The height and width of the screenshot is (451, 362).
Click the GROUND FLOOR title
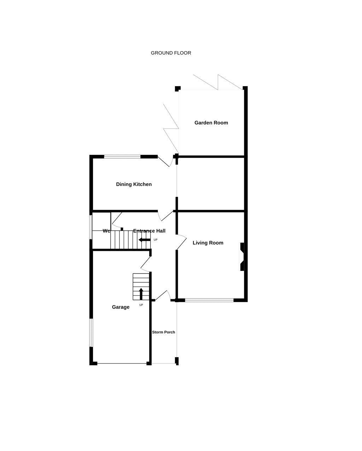click(x=171, y=53)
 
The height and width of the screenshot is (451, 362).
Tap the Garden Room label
click(x=211, y=122)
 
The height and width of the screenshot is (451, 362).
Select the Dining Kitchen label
click(x=134, y=184)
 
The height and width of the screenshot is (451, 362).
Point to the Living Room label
click(x=208, y=243)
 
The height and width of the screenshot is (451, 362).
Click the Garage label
click(x=121, y=307)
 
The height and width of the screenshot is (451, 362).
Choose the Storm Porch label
click(x=163, y=332)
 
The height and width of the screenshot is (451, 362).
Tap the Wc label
click(x=106, y=231)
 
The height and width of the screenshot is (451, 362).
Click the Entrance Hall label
click(x=149, y=231)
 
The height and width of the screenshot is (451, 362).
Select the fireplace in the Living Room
click(x=242, y=257)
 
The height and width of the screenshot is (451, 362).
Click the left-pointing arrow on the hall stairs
click(x=145, y=240)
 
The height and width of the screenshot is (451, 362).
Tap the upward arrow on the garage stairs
click(x=141, y=294)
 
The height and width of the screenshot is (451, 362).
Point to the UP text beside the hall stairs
click(x=156, y=240)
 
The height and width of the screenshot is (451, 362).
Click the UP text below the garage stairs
click(x=141, y=305)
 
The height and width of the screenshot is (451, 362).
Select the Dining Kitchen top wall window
click(x=122, y=157)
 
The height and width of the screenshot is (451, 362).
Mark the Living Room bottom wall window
click(x=209, y=300)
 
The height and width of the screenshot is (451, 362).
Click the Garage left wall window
click(x=91, y=333)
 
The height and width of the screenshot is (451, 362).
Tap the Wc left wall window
click(x=91, y=227)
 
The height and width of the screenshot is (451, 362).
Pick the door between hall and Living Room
click(x=181, y=242)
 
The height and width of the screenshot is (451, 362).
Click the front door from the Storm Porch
click(x=163, y=295)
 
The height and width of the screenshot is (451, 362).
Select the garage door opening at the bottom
click(x=122, y=363)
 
